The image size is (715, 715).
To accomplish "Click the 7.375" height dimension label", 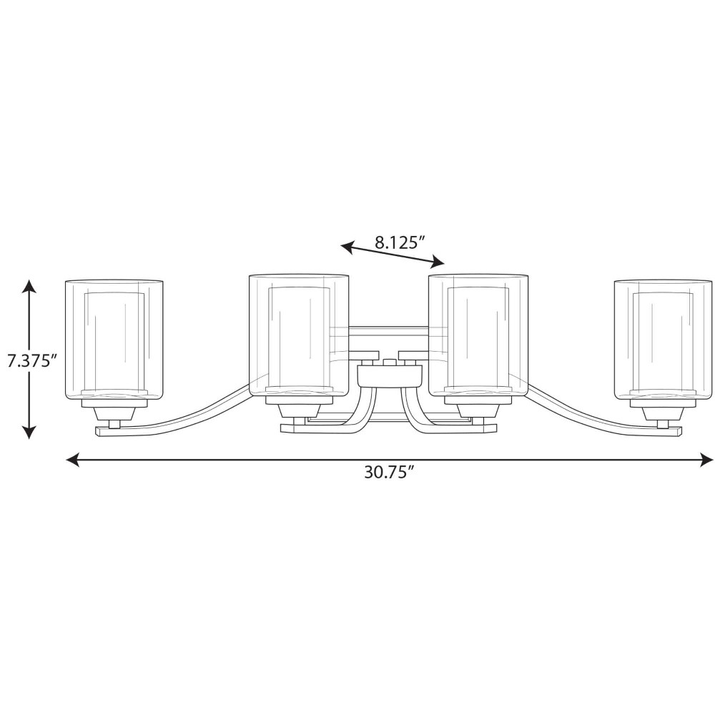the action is (x=31, y=361).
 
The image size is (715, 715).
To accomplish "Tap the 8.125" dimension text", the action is (x=401, y=242).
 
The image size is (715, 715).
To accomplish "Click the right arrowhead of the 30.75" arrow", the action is (x=706, y=460).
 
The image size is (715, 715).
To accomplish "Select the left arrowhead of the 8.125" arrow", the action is (x=347, y=247).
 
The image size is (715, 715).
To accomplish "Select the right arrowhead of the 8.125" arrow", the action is (x=438, y=262).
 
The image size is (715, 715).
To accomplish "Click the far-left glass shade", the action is (x=114, y=340).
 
